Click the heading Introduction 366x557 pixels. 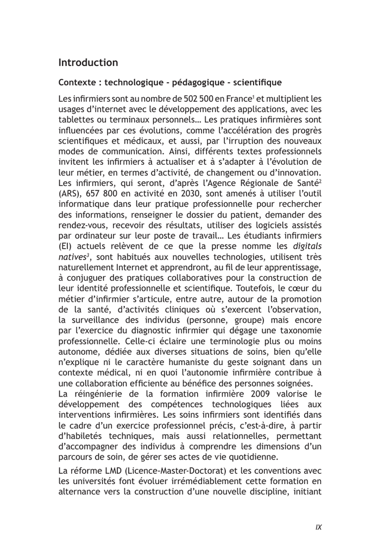point(88,63)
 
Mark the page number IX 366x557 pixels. point(318,527)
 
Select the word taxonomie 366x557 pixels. point(300,330)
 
